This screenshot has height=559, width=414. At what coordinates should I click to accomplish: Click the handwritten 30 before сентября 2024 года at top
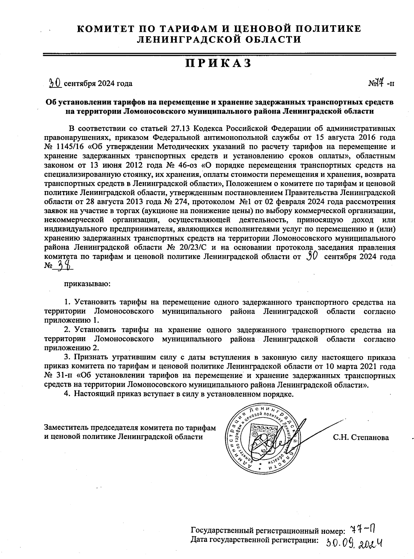tap(55, 82)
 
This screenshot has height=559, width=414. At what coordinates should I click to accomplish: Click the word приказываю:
tap(87, 284)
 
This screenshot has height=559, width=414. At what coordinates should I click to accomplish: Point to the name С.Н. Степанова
tap(361, 437)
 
